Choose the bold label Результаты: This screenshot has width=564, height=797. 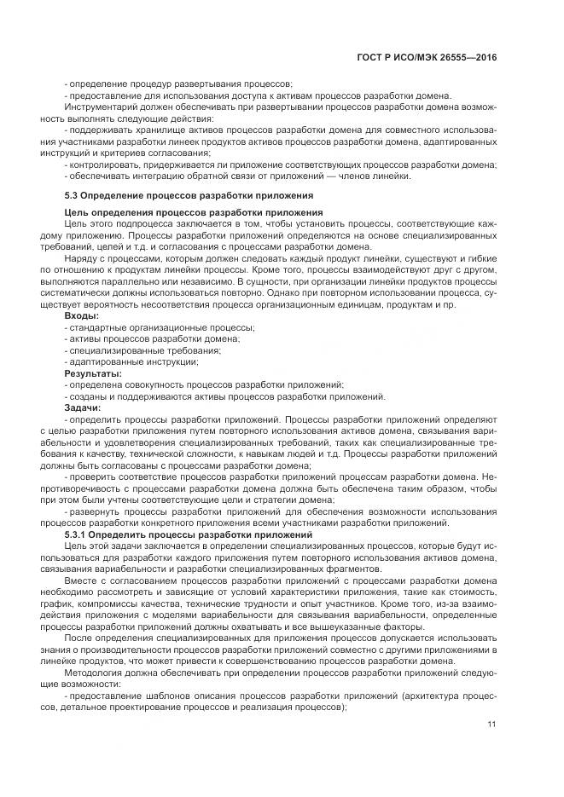click(93, 373)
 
